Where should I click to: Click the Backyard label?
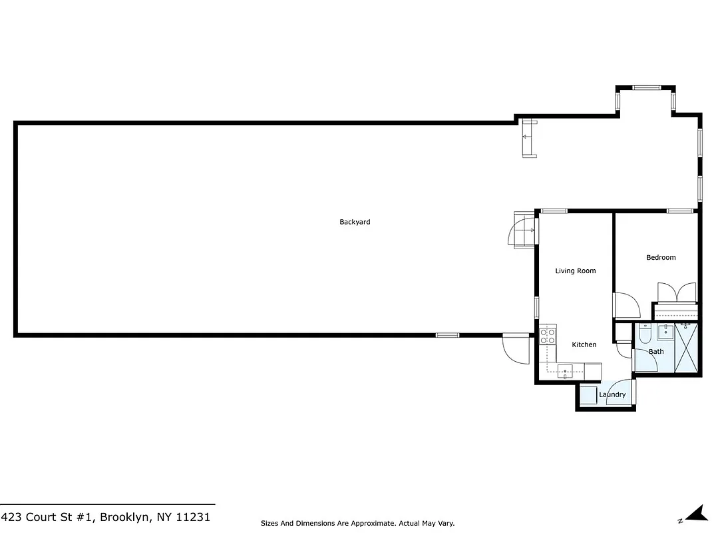point(355,222)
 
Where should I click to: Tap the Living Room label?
point(576,270)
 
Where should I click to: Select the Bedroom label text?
point(661,257)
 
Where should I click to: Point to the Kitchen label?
point(584,344)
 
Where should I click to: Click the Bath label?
point(656,351)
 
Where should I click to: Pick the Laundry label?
point(612,394)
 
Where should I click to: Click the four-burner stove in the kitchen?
point(548,336)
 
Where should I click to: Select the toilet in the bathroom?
point(645,334)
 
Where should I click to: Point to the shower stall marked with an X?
point(687,346)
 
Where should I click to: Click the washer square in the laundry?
point(588,395)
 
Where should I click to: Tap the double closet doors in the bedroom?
point(677,293)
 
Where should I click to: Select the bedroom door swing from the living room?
point(625,306)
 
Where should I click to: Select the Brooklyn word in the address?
point(125,517)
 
